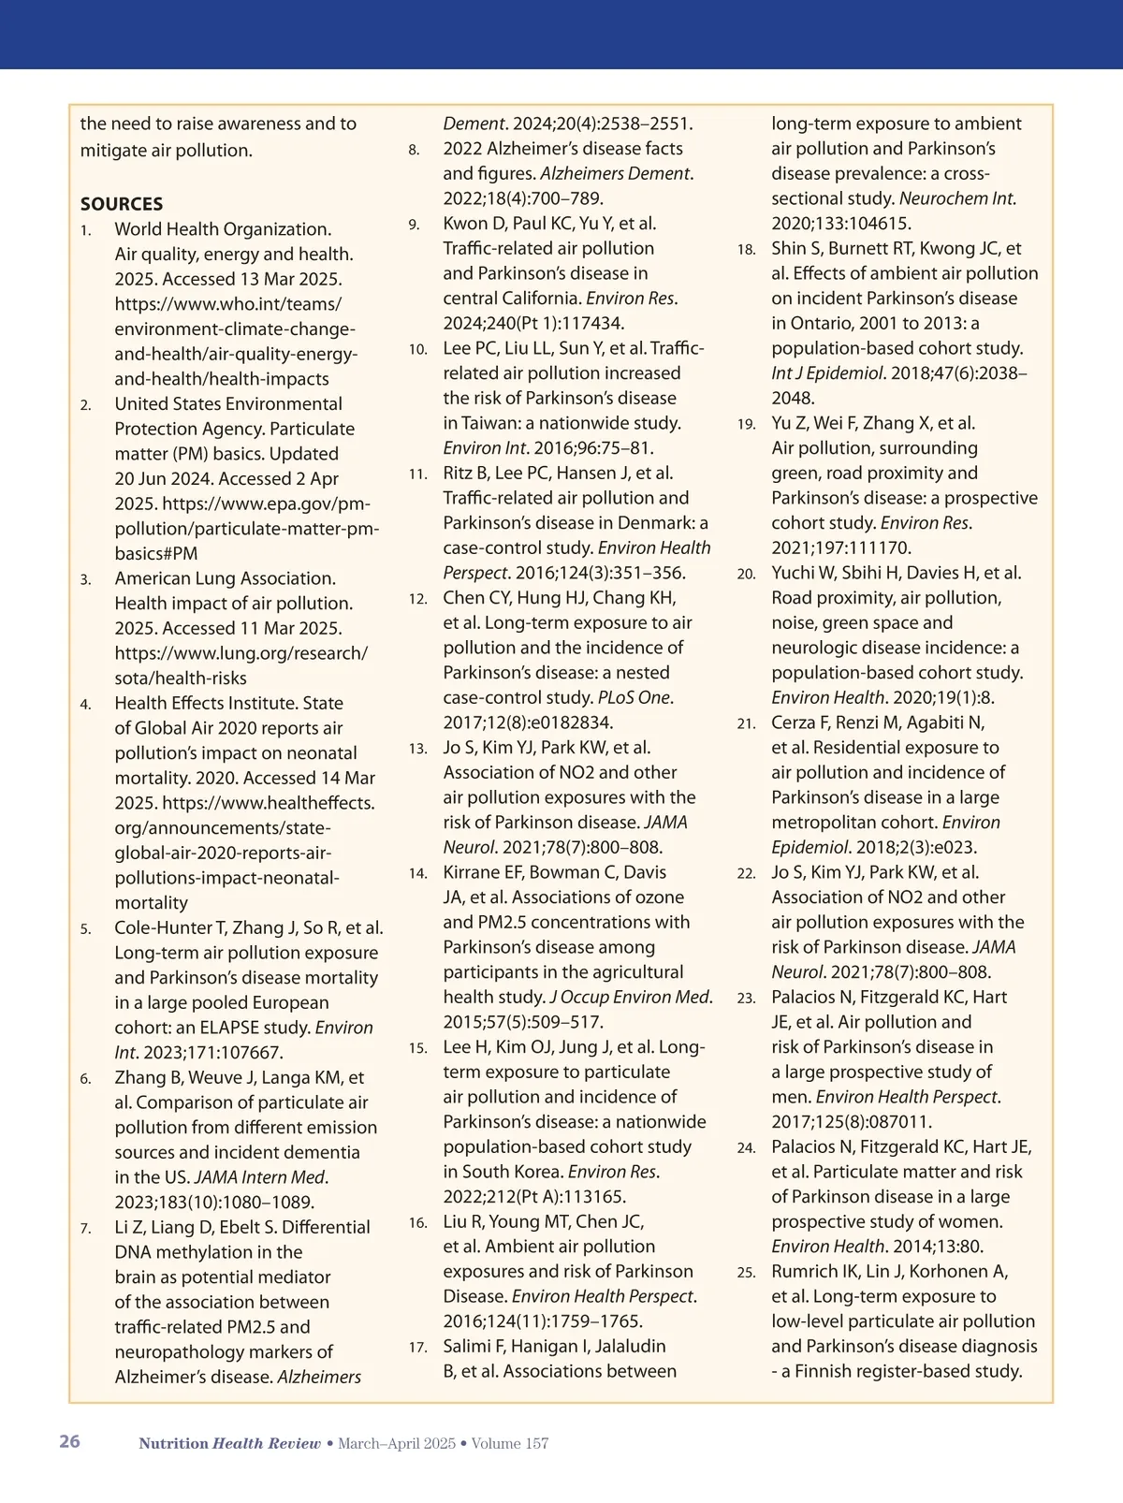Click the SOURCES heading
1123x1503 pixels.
click(122, 204)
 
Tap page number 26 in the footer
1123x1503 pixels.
click(69, 1441)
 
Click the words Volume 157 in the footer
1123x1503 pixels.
click(510, 1443)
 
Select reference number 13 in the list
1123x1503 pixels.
click(417, 749)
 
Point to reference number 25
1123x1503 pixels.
click(746, 1273)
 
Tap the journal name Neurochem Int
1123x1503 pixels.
click(956, 198)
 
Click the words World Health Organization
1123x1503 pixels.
click(223, 229)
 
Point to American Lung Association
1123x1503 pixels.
click(225, 578)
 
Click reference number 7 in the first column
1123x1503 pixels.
click(85, 1228)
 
